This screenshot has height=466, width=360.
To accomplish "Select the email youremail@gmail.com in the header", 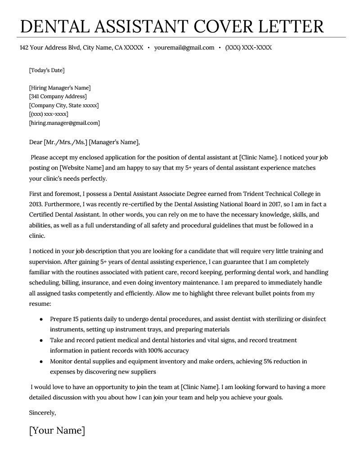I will pyautogui.click(x=184, y=47).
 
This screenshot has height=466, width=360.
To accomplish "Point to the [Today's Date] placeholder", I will pyautogui.click(x=47, y=70).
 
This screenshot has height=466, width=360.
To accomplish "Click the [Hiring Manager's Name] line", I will pyautogui.click(x=59, y=88).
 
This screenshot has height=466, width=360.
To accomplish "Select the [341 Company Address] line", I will pyautogui.click(x=58, y=96).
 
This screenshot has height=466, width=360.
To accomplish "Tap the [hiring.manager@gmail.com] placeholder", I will pyautogui.click(x=64, y=122).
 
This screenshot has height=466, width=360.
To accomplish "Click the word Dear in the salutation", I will pyautogui.click(x=35, y=142).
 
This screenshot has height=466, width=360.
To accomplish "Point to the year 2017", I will pyautogui.click(x=261, y=204).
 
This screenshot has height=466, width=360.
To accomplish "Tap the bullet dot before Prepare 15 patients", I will pyautogui.click(x=41, y=319).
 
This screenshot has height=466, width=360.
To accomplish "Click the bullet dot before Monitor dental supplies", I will pyautogui.click(x=41, y=362).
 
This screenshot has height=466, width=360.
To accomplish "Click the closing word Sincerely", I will pyautogui.click(x=42, y=412).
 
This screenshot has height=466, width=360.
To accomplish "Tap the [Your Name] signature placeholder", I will pyautogui.click(x=57, y=430).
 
